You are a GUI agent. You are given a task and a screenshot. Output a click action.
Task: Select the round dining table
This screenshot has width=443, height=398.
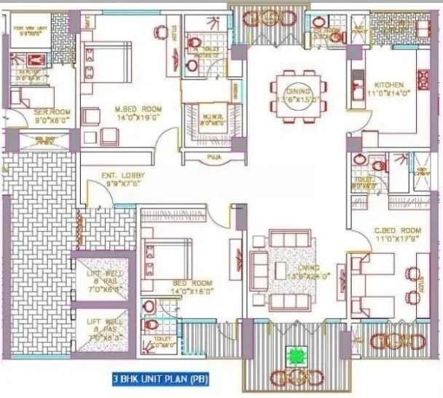(x=298, y=95)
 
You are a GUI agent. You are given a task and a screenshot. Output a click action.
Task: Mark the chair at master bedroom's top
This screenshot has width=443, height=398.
(x=160, y=32)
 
